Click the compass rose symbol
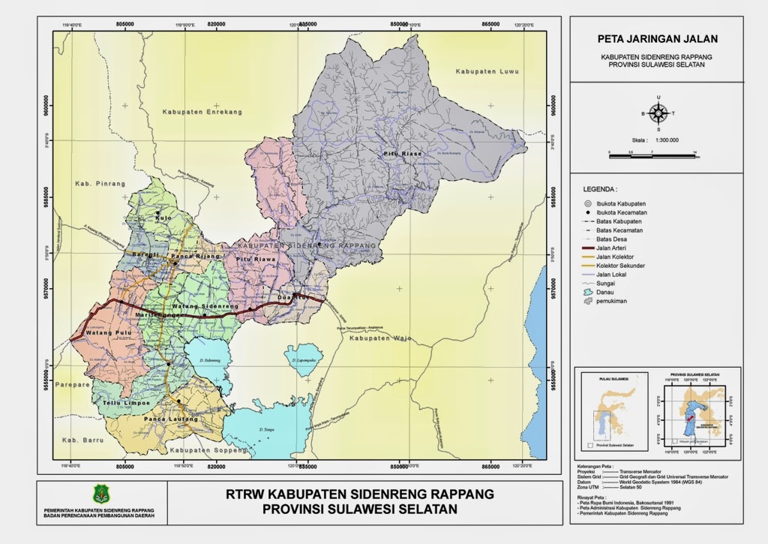(x=658, y=113)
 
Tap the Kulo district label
(x=163, y=218)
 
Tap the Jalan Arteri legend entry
(x=612, y=248)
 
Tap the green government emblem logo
(x=101, y=494)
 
